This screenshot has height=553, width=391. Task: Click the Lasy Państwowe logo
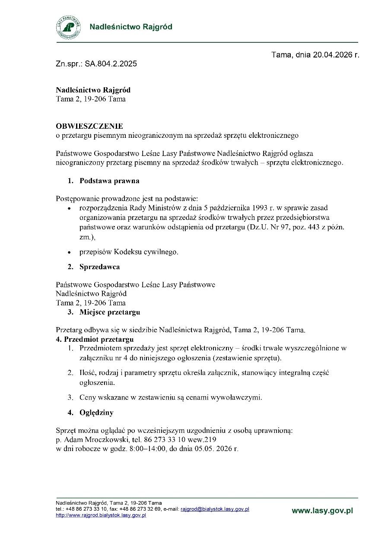tap(68, 27)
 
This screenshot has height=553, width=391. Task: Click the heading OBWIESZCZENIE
tap(89, 126)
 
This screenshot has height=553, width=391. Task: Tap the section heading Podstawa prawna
tap(109, 181)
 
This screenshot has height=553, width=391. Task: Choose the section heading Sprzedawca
tap(99, 267)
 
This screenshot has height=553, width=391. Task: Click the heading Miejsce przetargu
tap(109, 312)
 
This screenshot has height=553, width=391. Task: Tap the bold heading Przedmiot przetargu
tap(99, 339)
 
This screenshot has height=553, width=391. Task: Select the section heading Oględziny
tap(96, 413)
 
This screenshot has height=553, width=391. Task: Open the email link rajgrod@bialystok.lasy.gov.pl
tap(215, 509)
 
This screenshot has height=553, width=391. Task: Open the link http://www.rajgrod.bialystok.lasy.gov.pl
tap(101, 515)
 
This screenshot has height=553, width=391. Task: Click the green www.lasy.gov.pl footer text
tap(322, 511)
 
